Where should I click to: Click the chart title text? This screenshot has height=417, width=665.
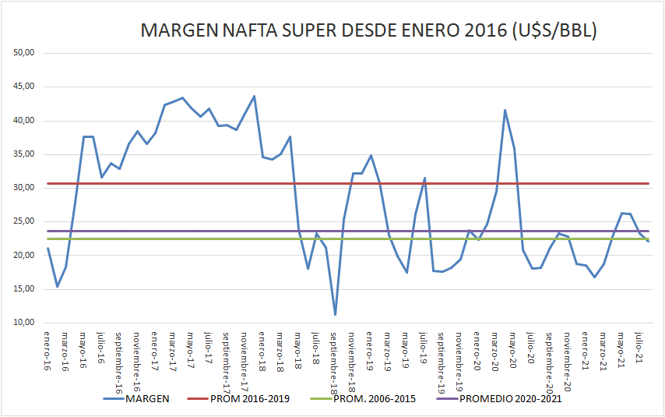[x=368, y=31]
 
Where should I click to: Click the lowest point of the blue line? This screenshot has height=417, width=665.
[x=335, y=315]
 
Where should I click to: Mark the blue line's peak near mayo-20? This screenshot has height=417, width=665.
[x=505, y=110]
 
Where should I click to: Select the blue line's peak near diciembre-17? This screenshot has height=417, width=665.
[x=254, y=96]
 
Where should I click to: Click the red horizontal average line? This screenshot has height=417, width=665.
[x=195, y=184]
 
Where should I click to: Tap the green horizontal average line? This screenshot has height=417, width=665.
[x=195, y=239]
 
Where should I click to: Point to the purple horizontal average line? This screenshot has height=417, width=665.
[x=195, y=231]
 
